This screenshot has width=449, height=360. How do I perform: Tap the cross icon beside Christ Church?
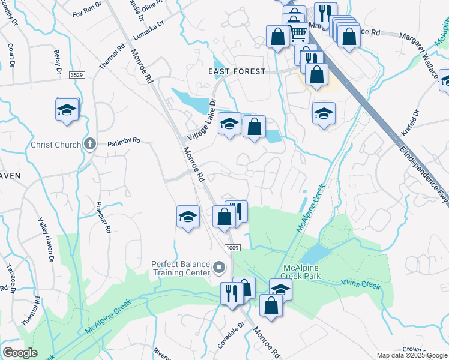click(x=89, y=144)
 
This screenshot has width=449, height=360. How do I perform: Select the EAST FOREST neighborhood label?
click(x=237, y=71)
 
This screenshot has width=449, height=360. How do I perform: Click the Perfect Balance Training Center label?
click(x=181, y=268)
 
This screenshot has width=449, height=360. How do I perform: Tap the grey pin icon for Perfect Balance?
click(x=220, y=267)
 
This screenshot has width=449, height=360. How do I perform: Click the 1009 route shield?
click(x=232, y=248)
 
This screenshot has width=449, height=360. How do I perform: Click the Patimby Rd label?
click(x=124, y=142)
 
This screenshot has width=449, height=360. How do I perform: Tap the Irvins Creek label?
click(x=361, y=284)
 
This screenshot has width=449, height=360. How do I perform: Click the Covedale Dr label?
click(x=232, y=336)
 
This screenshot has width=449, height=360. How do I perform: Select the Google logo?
click(x=20, y=353)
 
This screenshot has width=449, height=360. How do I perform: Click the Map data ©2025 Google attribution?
click(x=412, y=355)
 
